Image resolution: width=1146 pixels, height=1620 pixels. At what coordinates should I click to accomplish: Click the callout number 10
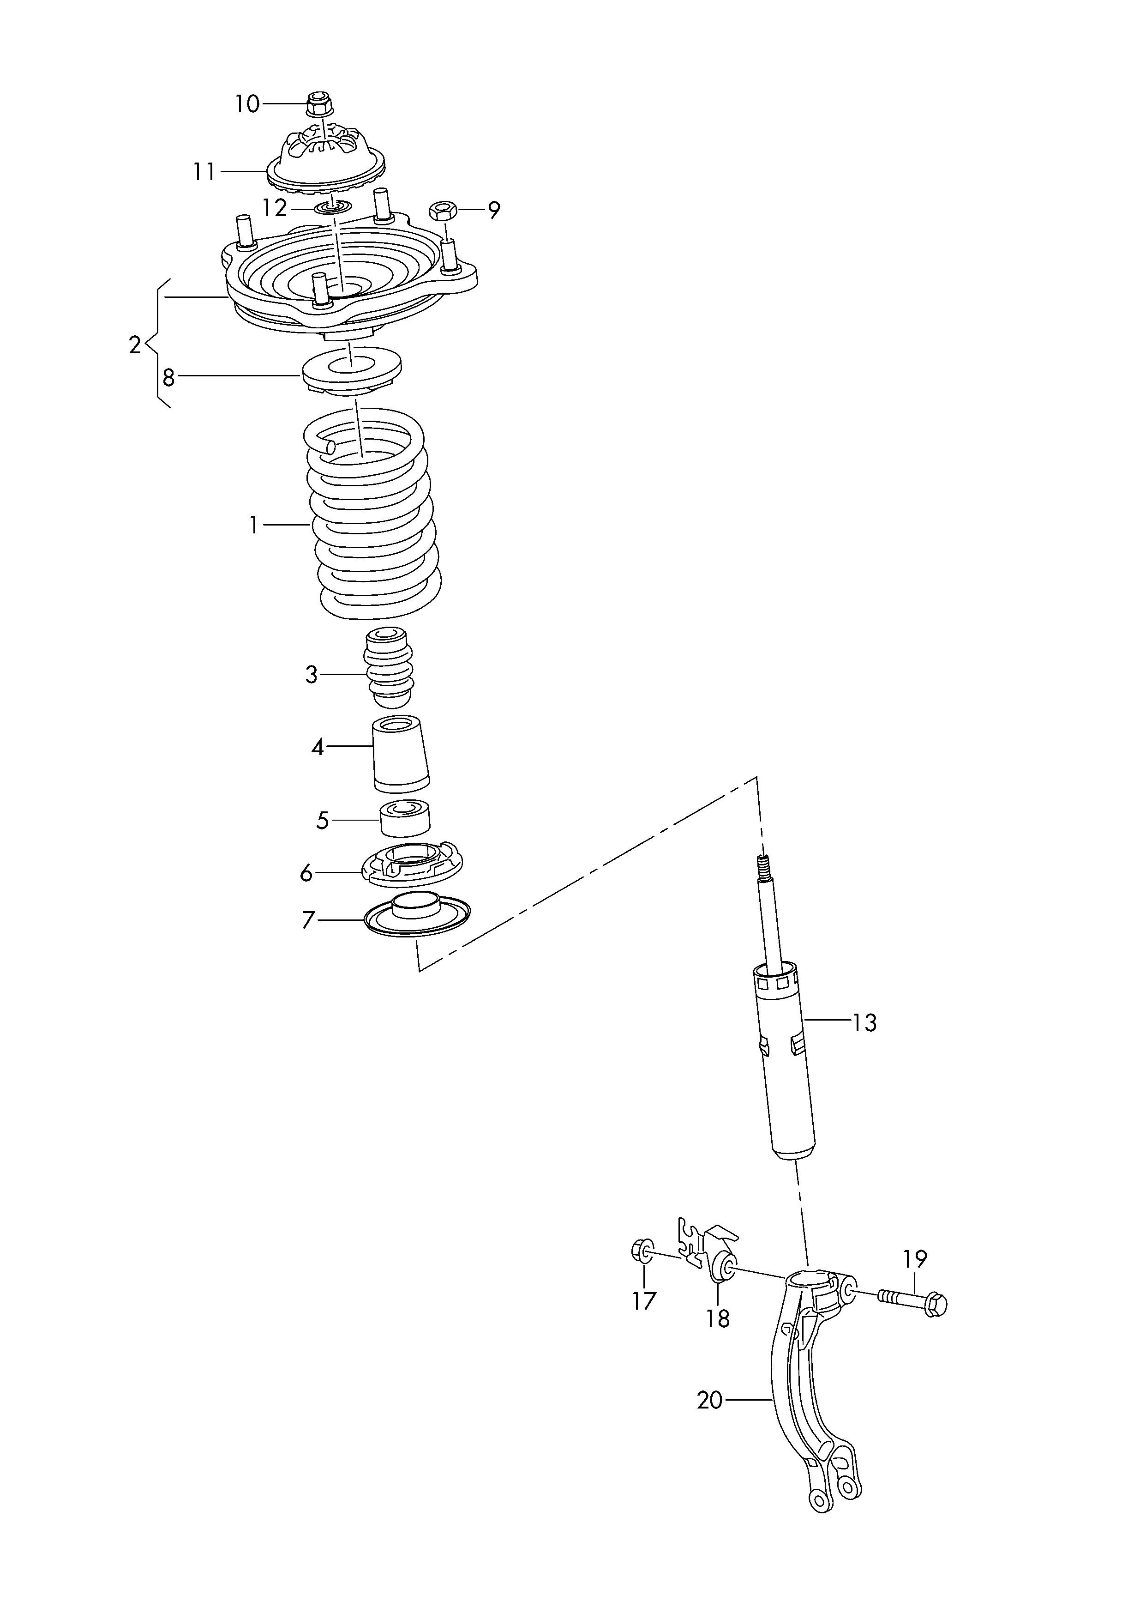pos(247,104)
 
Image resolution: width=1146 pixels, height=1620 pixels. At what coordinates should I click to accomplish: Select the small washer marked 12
pos(332,207)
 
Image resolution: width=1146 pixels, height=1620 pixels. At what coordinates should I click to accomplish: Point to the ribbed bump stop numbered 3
pos(388,666)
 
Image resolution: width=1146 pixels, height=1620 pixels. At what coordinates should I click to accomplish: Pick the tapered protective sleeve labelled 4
pos(401,754)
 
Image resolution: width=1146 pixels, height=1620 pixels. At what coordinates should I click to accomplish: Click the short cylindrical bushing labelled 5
pos(406,819)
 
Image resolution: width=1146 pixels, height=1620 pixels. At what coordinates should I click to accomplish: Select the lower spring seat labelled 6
pos(411,866)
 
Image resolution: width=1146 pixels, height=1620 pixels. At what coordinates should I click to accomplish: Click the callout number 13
pos(864,1023)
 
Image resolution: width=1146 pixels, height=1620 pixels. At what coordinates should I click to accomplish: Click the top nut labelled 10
pos(318,104)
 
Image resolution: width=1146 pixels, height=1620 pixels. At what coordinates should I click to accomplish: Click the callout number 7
pos(308,920)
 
